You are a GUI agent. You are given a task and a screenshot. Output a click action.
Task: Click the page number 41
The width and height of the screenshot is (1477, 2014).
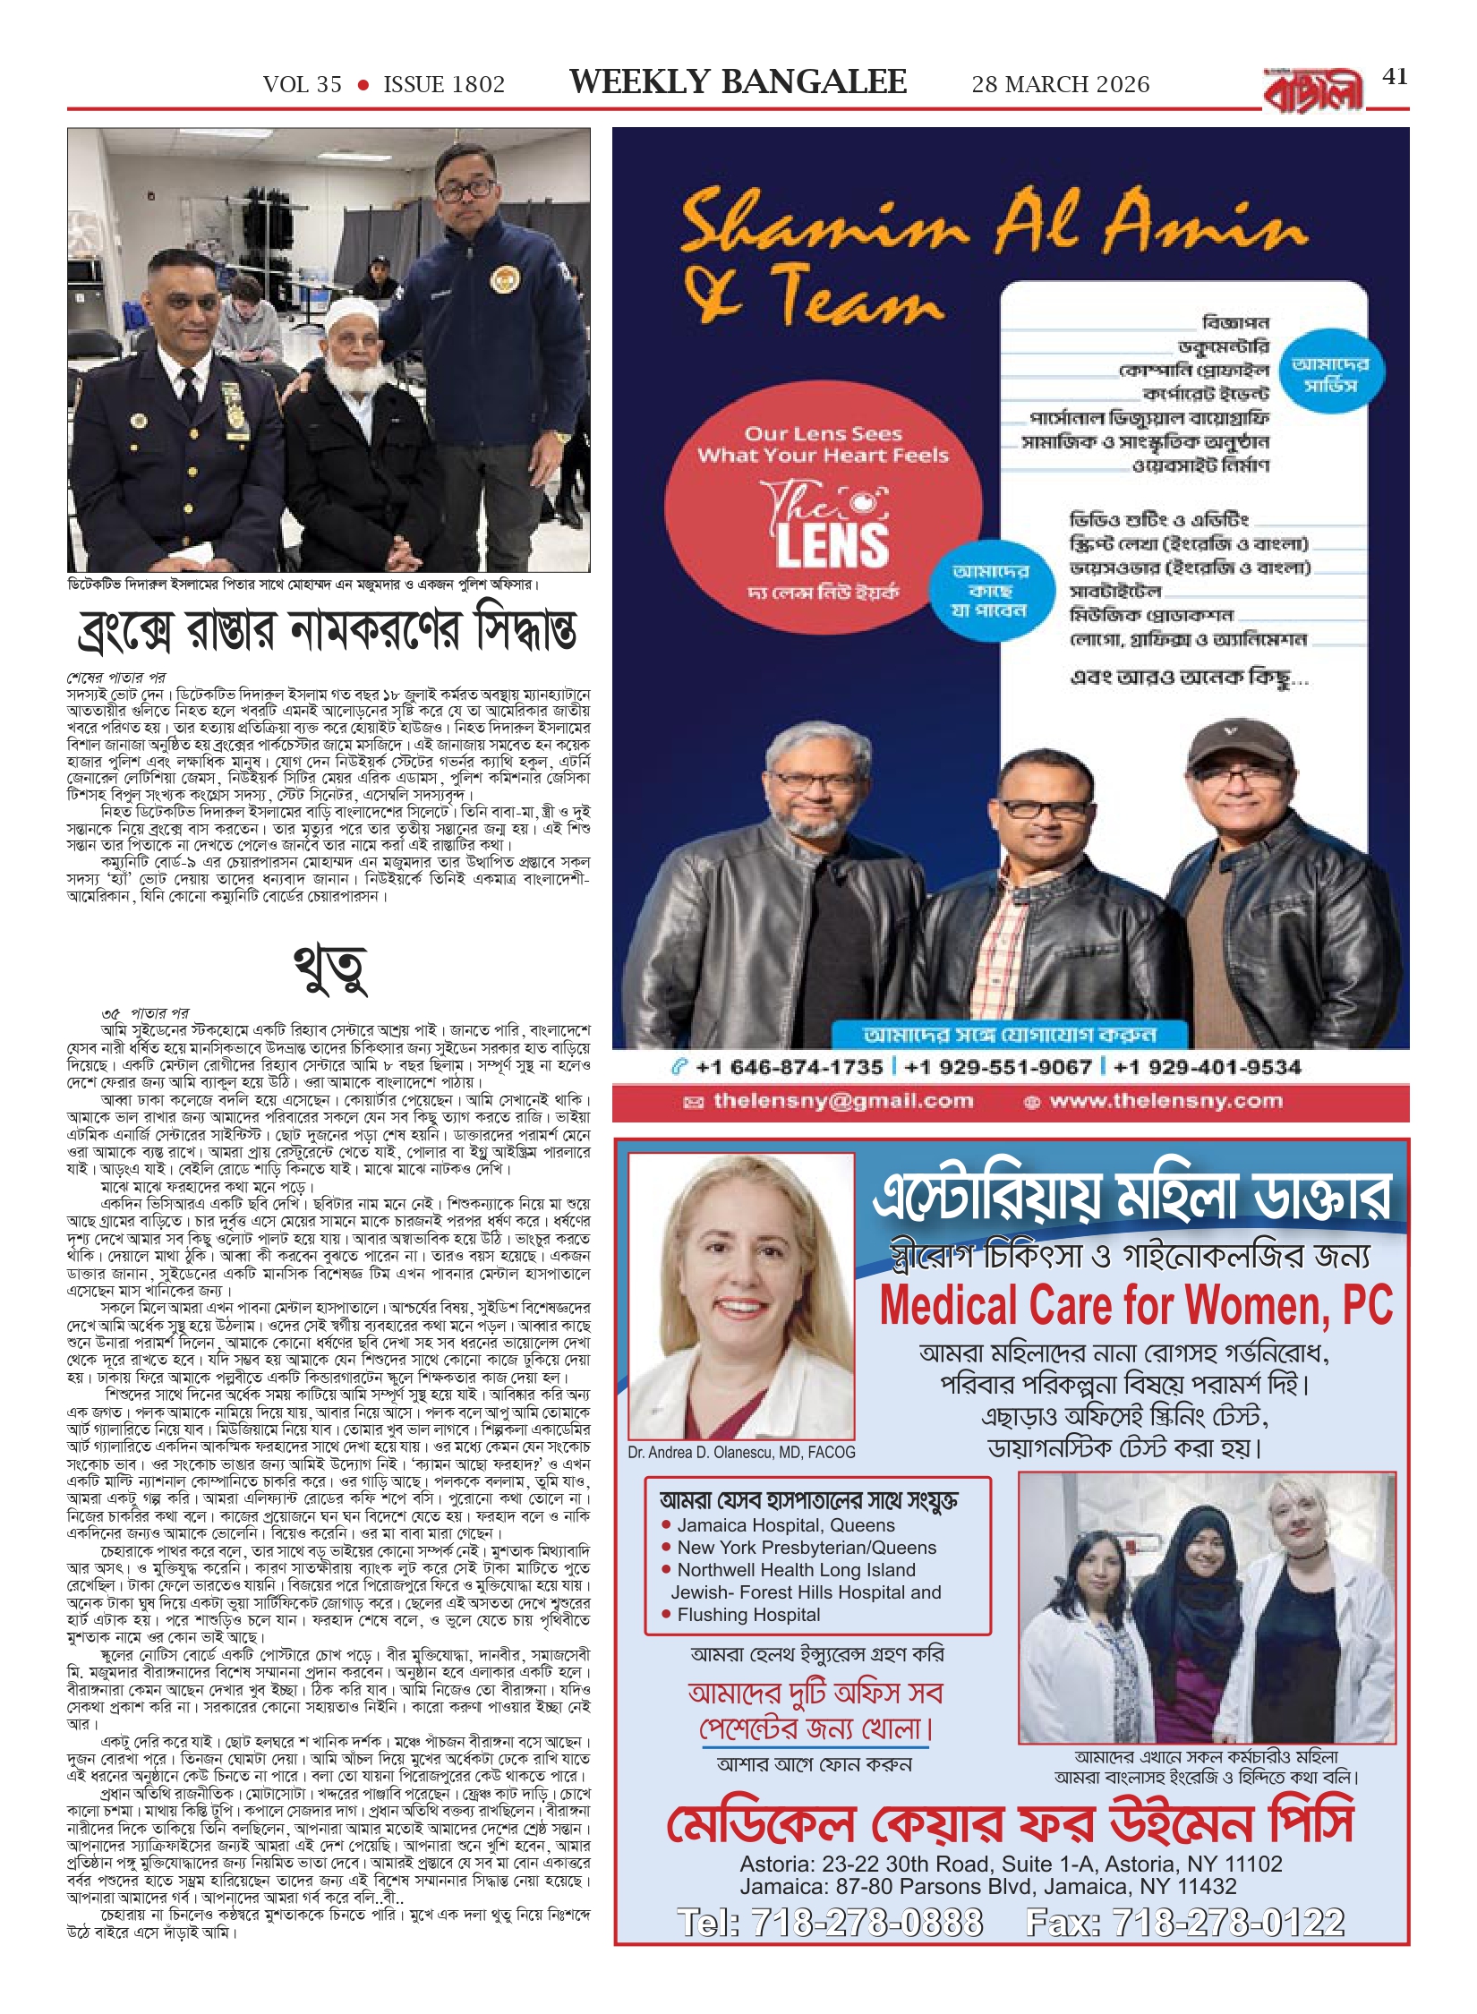click(1395, 77)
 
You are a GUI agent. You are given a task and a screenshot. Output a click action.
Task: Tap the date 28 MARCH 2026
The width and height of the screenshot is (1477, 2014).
click(1060, 85)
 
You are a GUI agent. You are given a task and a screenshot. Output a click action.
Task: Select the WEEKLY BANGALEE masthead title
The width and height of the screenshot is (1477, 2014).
click(738, 82)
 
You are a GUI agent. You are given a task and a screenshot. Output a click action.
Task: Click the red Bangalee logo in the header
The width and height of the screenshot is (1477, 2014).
click(1313, 90)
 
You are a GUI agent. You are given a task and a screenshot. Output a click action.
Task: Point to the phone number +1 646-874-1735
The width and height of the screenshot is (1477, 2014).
click(789, 1067)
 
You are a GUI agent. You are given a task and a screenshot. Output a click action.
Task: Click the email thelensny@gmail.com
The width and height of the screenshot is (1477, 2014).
click(842, 1101)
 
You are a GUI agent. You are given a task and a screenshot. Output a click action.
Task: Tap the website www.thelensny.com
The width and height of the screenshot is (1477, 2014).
click(1165, 1101)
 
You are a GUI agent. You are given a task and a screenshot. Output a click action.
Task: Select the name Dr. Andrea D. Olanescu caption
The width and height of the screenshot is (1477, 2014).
click(741, 1452)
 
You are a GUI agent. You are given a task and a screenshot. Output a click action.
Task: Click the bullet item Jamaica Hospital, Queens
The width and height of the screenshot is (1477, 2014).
click(785, 1524)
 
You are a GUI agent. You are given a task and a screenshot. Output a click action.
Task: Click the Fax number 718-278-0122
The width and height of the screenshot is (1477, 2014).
click(1185, 1922)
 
